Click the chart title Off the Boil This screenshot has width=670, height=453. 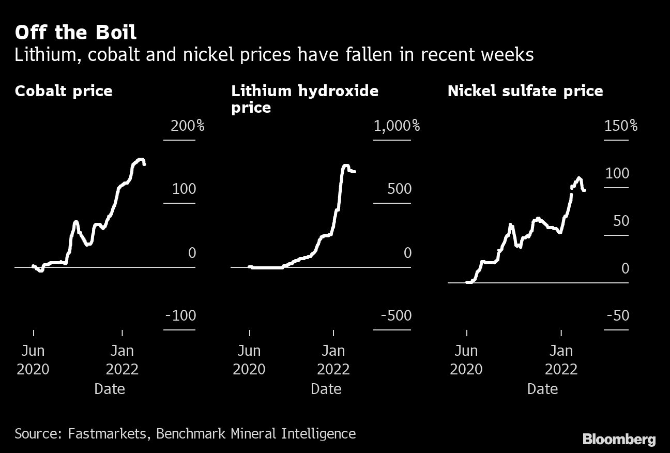click(x=75, y=33)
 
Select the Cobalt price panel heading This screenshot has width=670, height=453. click(x=64, y=91)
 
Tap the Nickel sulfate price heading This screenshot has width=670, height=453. click(x=525, y=91)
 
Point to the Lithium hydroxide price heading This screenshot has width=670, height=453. click(x=304, y=99)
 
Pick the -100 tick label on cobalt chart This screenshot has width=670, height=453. click(x=180, y=315)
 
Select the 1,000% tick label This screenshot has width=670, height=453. click(x=397, y=126)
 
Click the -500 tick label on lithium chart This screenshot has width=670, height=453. click(x=396, y=315)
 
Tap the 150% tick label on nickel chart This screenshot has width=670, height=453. click(x=620, y=126)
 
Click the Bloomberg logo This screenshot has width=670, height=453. click(x=619, y=440)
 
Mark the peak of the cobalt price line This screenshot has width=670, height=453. click(x=140, y=159)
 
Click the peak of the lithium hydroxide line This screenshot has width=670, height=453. click(x=346, y=166)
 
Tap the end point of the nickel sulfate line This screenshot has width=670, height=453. click(x=584, y=190)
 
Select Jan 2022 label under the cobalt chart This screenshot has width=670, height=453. click(x=122, y=360)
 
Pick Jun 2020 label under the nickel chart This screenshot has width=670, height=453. click(x=466, y=360)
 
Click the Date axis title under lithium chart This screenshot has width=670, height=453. click(x=326, y=388)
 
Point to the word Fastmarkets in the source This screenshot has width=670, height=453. click(x=107, y=433)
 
